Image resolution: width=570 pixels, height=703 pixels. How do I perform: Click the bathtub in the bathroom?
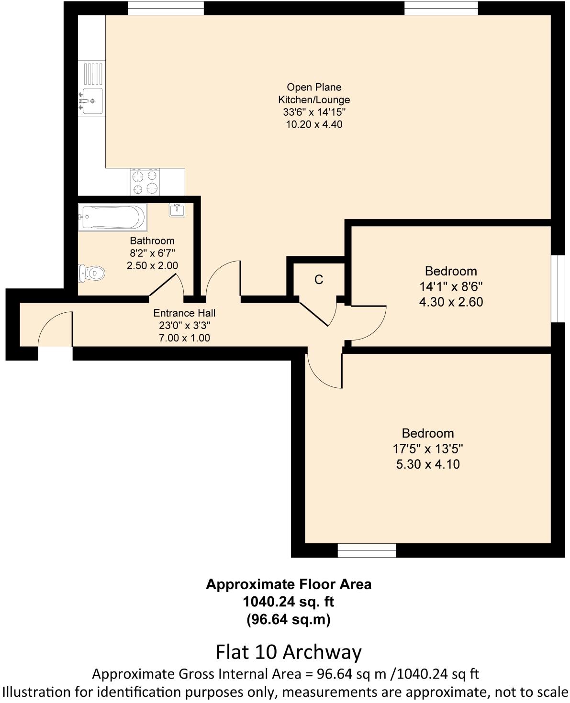(112, 218)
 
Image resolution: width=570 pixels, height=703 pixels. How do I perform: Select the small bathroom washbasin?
(177, 209)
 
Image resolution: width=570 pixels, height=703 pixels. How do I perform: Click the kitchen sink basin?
(92, 101)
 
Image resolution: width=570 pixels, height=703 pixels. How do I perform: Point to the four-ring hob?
(145, 182)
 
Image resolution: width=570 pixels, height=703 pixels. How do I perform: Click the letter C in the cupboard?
(319, 280)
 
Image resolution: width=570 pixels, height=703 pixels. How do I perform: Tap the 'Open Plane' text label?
(314, 87)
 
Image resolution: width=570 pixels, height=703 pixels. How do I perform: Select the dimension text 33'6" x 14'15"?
(314, 112)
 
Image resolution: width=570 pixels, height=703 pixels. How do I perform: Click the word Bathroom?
(152, 241)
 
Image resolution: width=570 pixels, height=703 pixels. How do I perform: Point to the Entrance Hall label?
(184, 313)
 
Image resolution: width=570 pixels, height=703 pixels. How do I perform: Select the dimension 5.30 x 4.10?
(428, 464)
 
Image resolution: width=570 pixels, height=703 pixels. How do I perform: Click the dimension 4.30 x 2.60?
(451, 302)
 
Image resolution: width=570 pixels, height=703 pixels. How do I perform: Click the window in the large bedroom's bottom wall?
(367, 550)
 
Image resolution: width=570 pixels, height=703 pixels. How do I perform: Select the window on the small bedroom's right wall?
(558, 289)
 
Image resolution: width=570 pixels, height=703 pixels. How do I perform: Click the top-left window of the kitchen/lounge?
(166, 8)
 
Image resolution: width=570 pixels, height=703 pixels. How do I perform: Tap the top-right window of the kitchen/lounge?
(441, 8)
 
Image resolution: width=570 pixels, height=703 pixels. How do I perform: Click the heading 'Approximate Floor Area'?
(289, 584)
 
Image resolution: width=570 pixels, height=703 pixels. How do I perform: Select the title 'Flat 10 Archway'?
(289, 652)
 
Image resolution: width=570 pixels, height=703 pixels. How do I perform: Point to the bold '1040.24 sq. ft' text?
(289, 602)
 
